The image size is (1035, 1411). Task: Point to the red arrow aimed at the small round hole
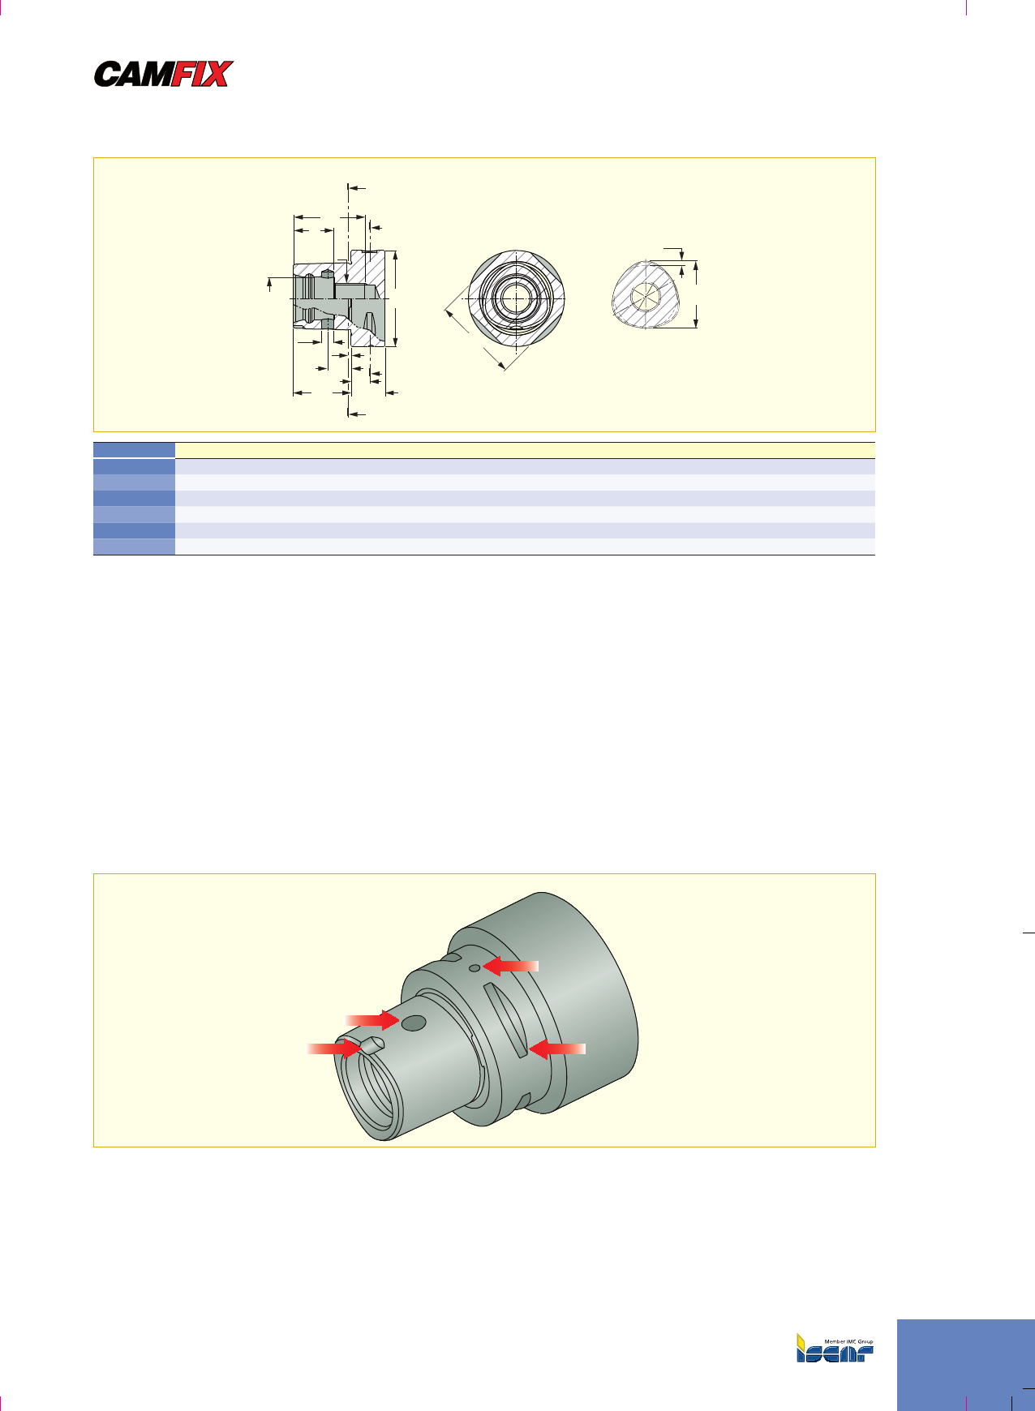pos(510,965)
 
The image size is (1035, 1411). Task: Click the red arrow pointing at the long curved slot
pos(556,1049)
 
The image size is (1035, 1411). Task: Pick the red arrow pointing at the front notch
pos(333,1049)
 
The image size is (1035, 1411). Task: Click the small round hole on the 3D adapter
pos(475,967)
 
